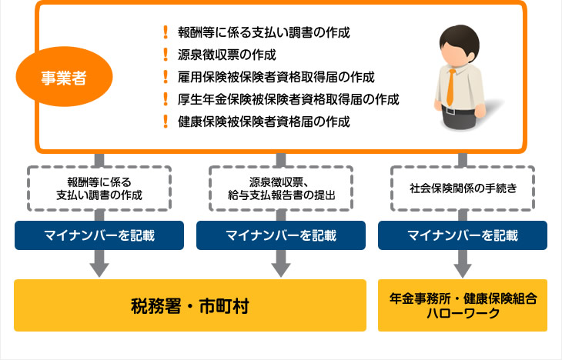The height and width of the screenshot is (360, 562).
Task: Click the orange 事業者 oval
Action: (74, 78)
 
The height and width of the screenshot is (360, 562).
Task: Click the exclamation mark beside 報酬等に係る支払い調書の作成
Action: (165, 32)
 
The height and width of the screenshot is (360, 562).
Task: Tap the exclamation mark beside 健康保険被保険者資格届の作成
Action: (165, 122)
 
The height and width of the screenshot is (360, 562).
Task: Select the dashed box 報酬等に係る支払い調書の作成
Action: (99, 188)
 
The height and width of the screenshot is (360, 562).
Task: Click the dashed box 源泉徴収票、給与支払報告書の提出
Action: (281, 188)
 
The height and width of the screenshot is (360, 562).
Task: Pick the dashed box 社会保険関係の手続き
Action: (463, 188)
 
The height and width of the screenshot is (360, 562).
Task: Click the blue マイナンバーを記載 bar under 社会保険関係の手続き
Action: (463, 235)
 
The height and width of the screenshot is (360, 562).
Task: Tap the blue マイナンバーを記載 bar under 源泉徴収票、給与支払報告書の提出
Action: (281, 235)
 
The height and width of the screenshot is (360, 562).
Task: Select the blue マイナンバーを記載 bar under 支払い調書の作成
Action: (99, 235)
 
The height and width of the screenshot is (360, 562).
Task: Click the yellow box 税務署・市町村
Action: (189, 305)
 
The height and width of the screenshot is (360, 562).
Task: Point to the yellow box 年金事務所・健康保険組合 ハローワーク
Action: (463, 305)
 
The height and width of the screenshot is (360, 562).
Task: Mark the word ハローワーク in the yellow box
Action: (463, 314)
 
